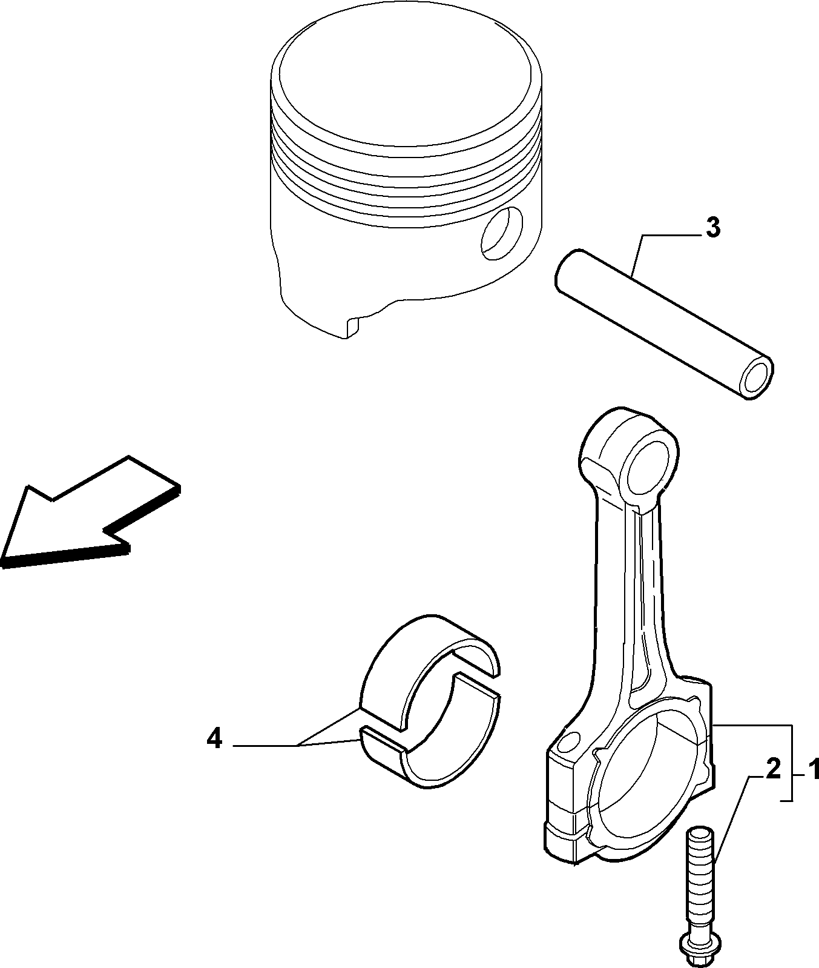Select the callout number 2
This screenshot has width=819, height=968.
773,769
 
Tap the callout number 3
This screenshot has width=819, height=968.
713,228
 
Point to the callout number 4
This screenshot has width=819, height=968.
214,738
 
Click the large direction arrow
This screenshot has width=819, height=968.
91,512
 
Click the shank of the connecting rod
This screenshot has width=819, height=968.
630,600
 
